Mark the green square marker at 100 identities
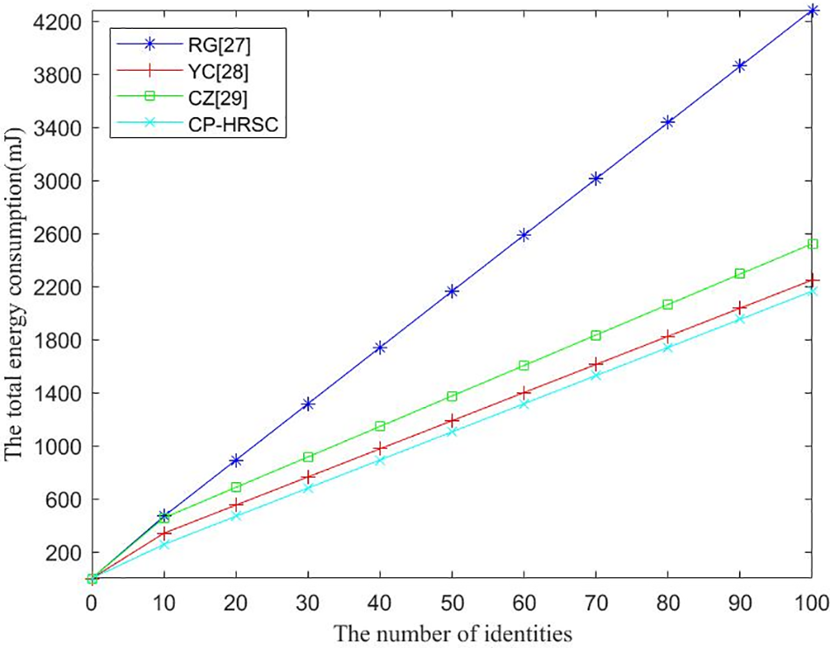pos(813,245)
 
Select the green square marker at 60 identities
pos(524,366)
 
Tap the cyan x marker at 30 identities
pos(308,488)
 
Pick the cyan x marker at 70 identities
pos(596,376)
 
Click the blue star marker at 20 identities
pos(235,460)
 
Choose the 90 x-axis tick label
pos(740,603)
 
